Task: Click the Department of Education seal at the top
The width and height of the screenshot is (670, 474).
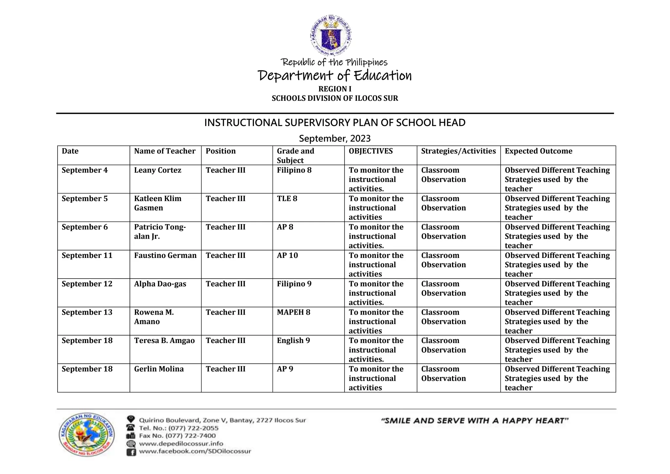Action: pyautogui.click(x=331, y=35)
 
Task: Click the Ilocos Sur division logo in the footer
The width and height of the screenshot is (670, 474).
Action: pyautogui.click(x=87, y=434)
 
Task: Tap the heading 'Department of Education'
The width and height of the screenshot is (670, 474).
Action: pyautogui.click(x=335, y=76)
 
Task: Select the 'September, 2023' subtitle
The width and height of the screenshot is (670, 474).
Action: pyautogui.click(x=335, y=138)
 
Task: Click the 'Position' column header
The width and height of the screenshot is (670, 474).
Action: pyautogui.click(x=220, y=151)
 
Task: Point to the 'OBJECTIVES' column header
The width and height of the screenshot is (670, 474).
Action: pyautogui.click(x=371, y=151)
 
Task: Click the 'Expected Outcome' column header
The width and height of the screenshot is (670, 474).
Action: pyautogui.click(x=538, y=151)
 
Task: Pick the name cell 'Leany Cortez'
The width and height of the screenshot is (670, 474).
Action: pyautogui.click(x=157, y=170)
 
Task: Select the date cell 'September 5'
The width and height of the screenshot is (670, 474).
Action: pyautogui.click(x=84, y=199)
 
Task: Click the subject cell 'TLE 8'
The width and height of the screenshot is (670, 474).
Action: pyautogui.click(x=287, y=199)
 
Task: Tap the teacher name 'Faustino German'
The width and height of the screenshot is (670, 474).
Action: pyautogui.click(x=165, y=256)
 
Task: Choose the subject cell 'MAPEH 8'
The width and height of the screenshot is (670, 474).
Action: pyautogui.click(x=293, y=312)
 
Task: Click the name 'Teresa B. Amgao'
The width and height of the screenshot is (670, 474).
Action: pyautogui.click(x=164, y=341)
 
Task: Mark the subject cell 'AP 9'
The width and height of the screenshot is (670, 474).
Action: pyautogui.click(x=285, y=369)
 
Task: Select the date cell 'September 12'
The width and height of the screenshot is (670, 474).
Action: pyautogui.click(x=87, y=284)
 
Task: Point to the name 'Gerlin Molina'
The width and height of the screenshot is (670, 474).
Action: pyautogui.click(x=159, y=369)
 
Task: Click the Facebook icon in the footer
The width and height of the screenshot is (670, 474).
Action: pyautogui.click(x=131, y=452)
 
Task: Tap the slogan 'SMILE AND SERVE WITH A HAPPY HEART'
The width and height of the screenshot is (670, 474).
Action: pyautogui.click(x=475, y=421)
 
